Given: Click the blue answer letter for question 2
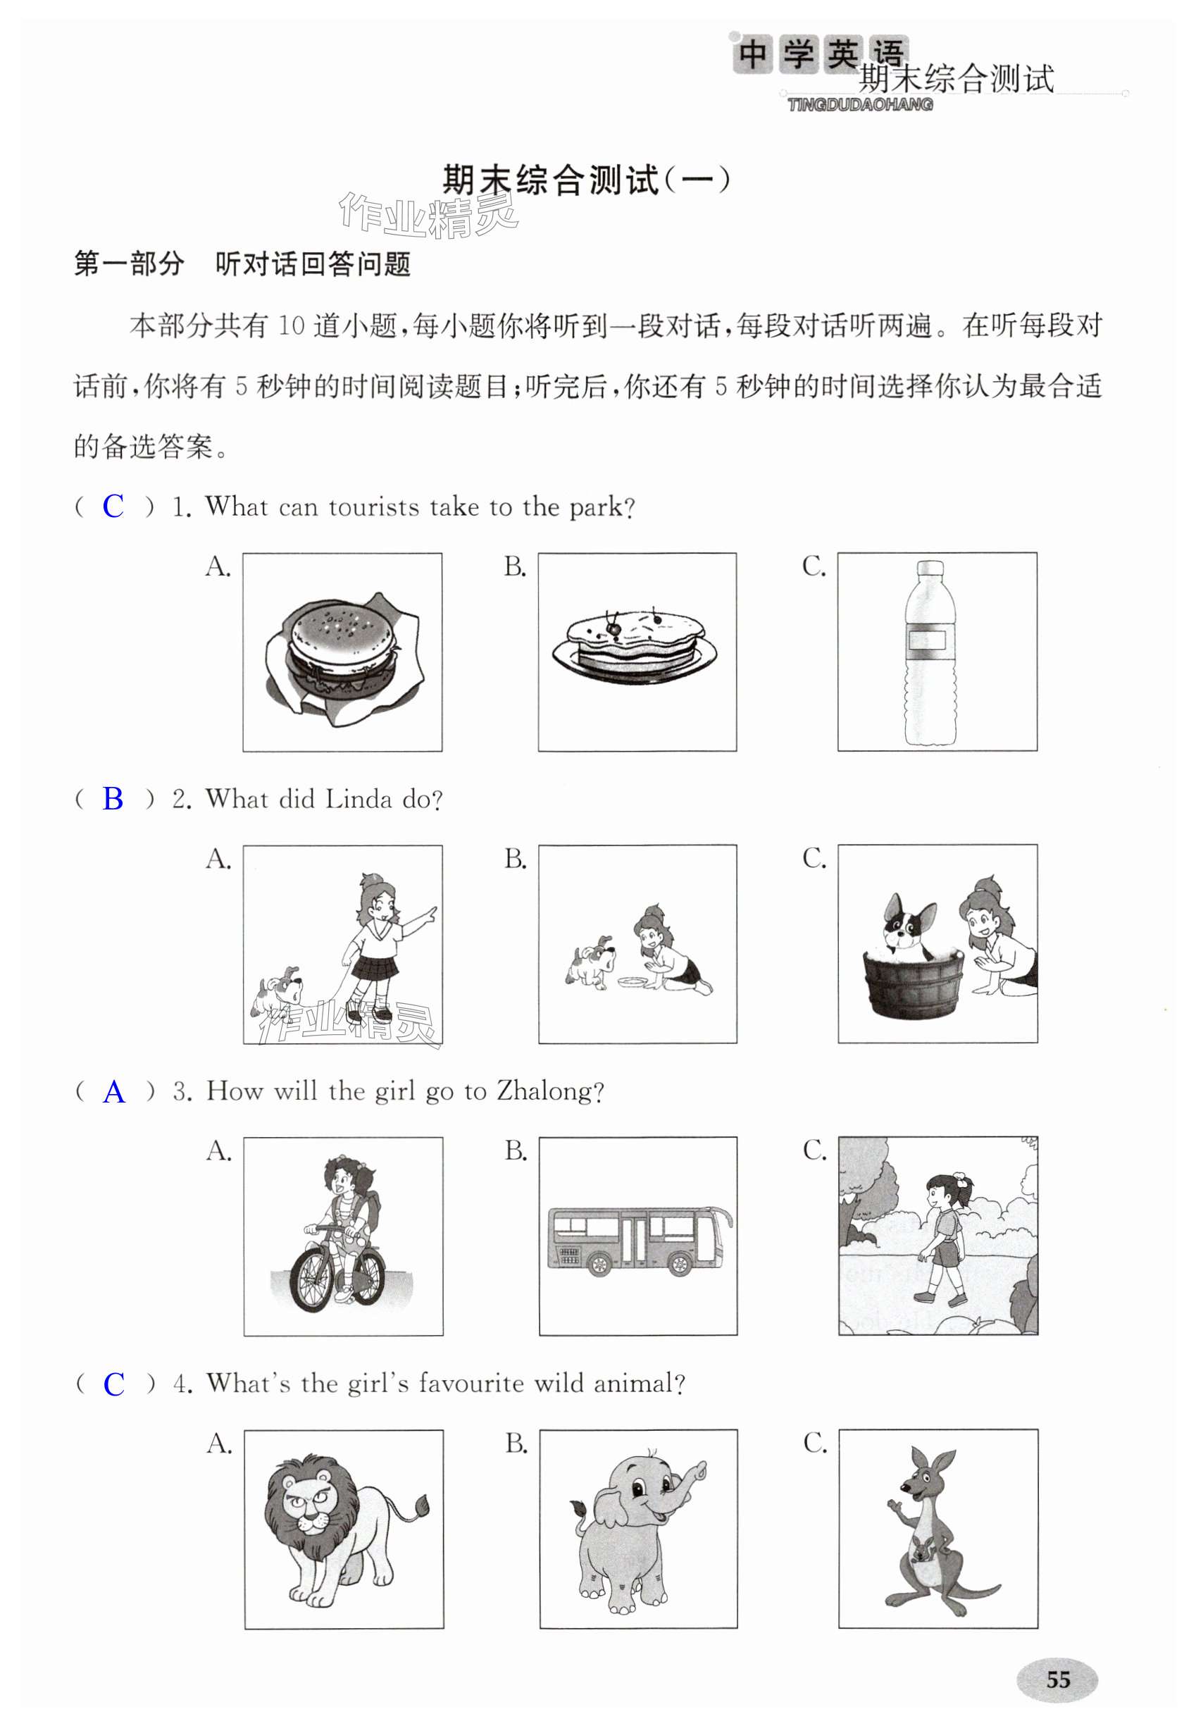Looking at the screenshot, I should point(113,799).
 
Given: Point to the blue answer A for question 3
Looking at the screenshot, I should point(114,1092).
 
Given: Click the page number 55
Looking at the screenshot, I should point(1057,1680).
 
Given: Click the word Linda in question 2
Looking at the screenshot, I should point(359,799).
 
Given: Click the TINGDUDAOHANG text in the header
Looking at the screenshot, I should point(859,105).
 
